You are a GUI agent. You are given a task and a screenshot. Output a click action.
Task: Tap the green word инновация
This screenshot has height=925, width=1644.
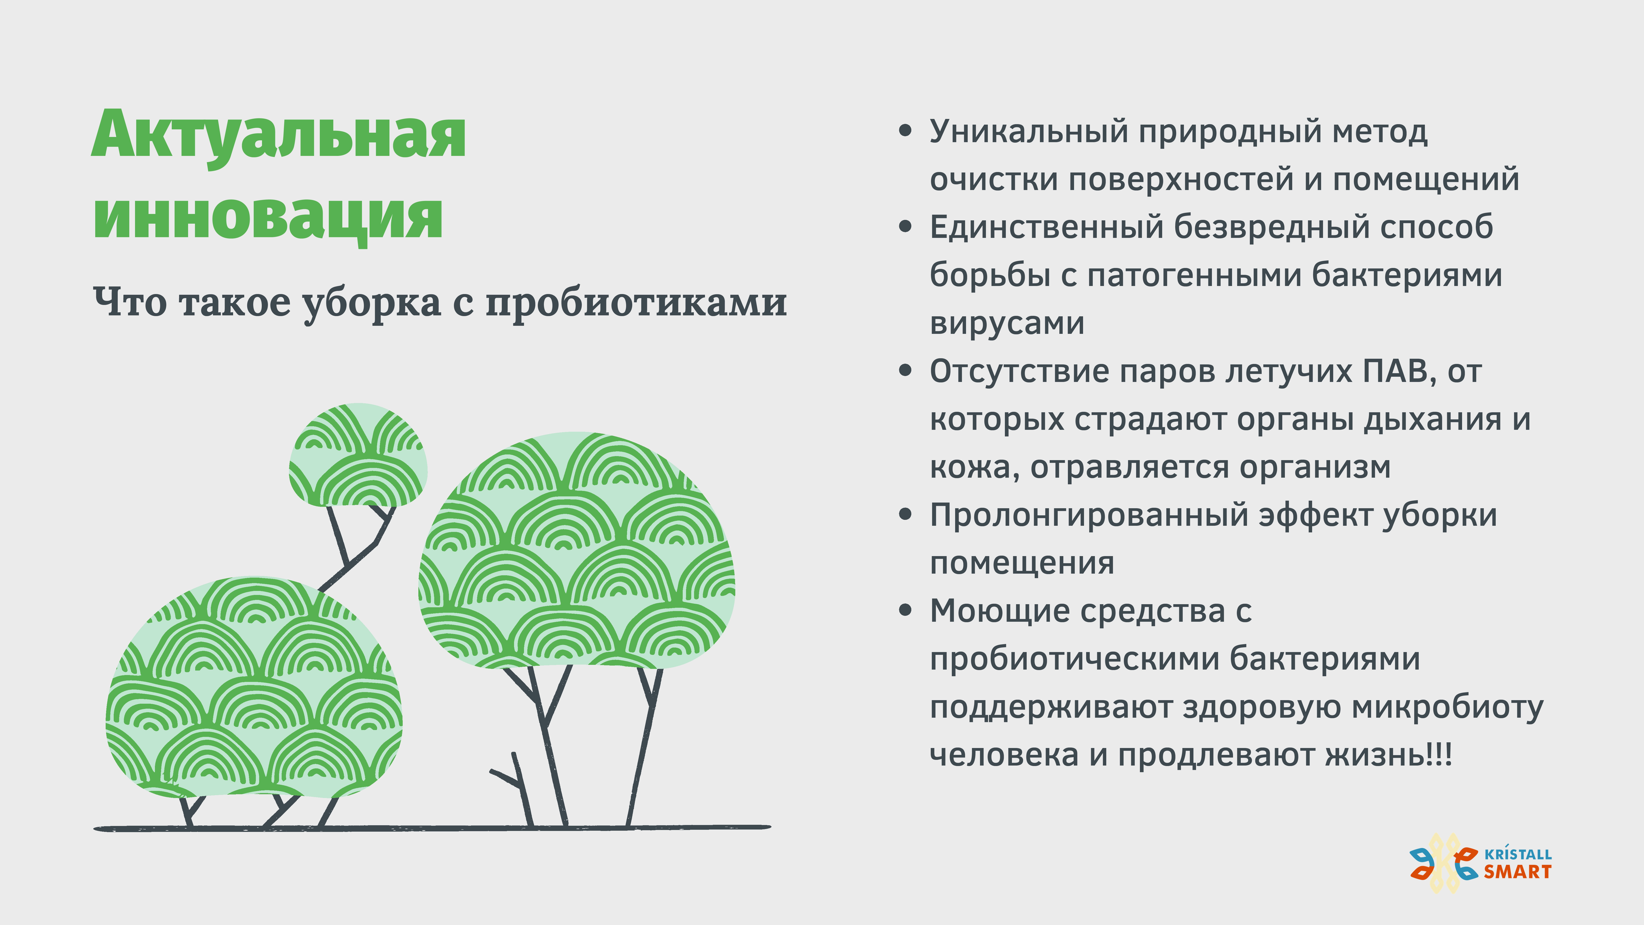(268, 217)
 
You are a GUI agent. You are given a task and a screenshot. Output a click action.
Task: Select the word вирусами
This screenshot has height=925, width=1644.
(1007, 323)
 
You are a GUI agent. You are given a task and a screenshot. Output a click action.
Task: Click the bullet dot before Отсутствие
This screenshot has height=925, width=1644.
(905, 371)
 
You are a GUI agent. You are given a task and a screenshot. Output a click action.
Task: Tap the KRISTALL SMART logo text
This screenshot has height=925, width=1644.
(1517, 864)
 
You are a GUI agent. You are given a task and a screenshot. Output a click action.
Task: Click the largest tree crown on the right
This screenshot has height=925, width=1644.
(576, 550)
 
